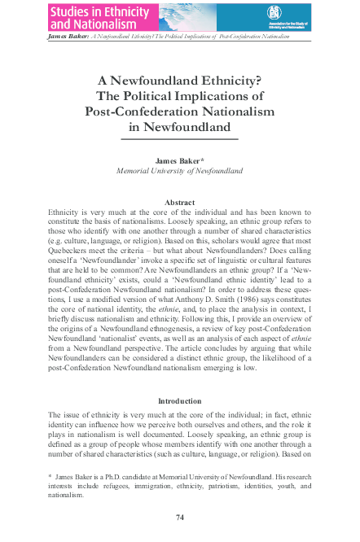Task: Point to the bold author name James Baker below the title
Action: point(177,161)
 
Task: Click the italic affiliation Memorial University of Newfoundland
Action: point(179,172)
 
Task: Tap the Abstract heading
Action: point(179,202)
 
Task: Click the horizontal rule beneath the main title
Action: point(179,140)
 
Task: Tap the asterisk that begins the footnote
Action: point(50,474)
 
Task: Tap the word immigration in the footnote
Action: point(148,484)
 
